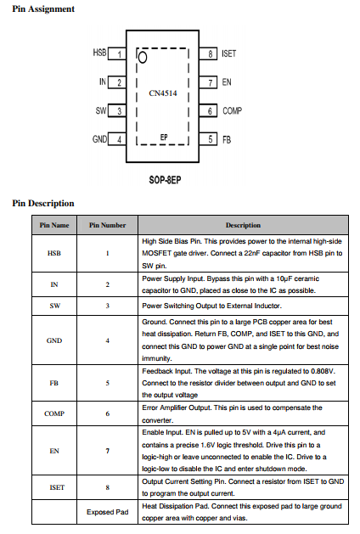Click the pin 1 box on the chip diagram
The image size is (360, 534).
[117, 54]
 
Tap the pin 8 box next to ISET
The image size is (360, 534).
[208, 53]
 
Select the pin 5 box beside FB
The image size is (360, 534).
[208, 139]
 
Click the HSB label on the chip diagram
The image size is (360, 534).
[99, 53]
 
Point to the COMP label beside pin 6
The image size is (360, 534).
[233, 110]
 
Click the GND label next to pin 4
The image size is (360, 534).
[99, 139]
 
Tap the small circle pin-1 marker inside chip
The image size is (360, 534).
[143, 57]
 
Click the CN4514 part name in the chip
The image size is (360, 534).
[163, 93]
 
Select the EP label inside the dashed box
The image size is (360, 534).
[164, 137]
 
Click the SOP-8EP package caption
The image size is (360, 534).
[165, 180]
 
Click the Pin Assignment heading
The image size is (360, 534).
[43, 8]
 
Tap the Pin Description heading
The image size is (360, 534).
[43, 203]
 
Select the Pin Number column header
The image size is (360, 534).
[107, 225]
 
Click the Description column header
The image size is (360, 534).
[243, 225]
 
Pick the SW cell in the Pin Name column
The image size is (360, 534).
[54, 306]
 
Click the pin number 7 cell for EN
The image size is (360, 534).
[108, 451]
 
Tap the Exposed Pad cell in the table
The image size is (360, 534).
[107, 512]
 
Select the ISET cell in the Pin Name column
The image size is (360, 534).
[57, 487]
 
